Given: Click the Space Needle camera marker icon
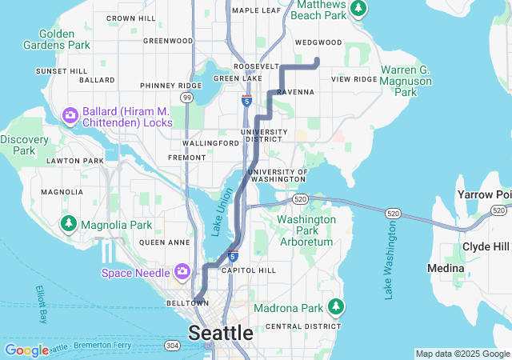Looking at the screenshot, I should pos(182,272).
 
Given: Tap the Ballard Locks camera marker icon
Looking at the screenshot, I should pos(70,117).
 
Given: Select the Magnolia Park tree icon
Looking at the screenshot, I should pos(70,223).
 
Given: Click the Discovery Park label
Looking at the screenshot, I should pos(18,145).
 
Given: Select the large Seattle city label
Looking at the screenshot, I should pos(221,332).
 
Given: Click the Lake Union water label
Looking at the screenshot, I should pos(218,216).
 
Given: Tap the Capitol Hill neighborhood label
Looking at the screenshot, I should pos(248,270).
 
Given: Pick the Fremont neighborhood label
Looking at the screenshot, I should pos(187,158).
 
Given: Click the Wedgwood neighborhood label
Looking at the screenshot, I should pos(318,42).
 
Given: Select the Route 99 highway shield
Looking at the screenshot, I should pos(186,97).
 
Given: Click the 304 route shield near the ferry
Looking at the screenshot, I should pos(172,346).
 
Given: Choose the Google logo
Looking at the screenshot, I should pos(26,350).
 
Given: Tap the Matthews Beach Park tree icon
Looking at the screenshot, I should pos(360,8).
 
